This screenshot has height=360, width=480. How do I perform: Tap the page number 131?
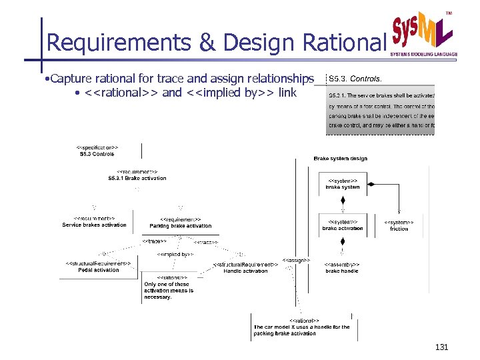click(441, 347)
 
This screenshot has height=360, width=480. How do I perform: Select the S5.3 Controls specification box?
click(97, 151)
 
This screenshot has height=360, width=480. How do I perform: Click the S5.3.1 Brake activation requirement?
click(137, 175)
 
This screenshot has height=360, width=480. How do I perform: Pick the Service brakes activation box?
click(94, 222)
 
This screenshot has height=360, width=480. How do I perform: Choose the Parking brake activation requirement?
click(180, 223)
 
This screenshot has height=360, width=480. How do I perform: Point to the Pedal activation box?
click(97, 267)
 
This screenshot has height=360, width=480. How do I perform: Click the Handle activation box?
click(245, 268)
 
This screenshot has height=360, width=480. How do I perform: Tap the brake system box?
click(343, 184)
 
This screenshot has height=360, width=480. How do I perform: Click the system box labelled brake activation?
click(343, 225)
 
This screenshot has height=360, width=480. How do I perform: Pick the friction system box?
click(399, 225)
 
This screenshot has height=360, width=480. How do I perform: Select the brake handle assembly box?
click(342, 268)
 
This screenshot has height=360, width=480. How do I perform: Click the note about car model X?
click(301, 327)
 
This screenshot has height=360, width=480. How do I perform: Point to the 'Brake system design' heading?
click(340, 159)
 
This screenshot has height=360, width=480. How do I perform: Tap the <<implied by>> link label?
click(175, 254)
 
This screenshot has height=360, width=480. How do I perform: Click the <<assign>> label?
click(296, 260)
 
